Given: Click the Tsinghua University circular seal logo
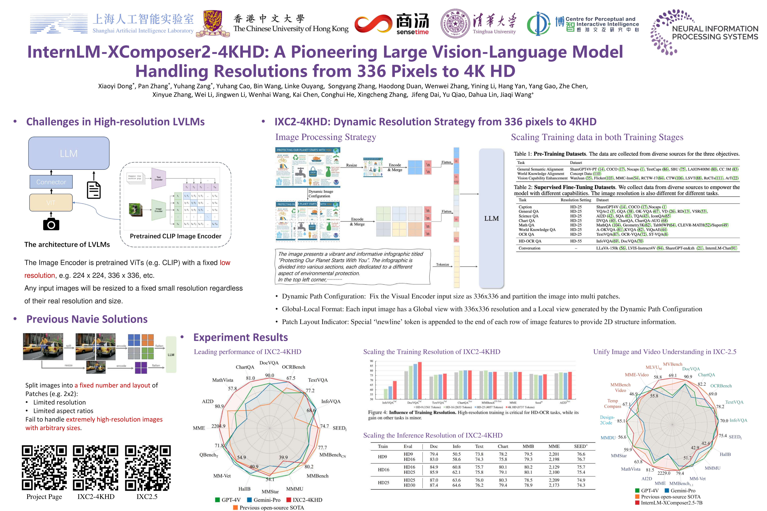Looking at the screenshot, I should click(455, 23).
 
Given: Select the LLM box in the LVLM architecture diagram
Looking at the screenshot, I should click(69, 153).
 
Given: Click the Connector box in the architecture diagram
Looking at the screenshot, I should click(51, 182).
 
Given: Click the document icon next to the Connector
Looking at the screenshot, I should click(94, 190).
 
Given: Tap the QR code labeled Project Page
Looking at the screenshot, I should click(44, 468).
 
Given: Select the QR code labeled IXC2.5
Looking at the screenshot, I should click(148, 468).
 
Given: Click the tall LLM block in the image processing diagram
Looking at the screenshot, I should click(491, 218).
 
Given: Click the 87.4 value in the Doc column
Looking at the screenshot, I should click(434, 485).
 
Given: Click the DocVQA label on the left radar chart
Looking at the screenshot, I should click(269, 363).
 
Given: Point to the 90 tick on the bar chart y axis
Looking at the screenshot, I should click(371, 361).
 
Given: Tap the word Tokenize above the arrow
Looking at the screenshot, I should click(442, 264).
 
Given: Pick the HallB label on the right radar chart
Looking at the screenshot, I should click(725, 454).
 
